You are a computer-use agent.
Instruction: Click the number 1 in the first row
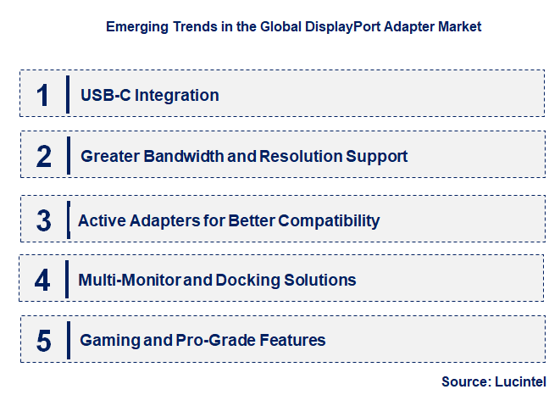pyautogui.click(x=43, y=95)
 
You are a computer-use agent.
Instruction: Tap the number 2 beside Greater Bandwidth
pyautogui.click(x=43, y=156)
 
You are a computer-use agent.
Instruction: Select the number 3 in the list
pyautogui.click(x=43, y=220)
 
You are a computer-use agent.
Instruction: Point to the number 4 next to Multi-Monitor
pyautogui.click(x=42, y=280)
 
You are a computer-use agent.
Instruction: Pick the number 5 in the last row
pyautogui.click(x=43, y=341)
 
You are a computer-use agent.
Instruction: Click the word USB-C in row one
pyautogui.click(x=106, y=95)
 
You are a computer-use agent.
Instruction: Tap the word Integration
pyautogui.click(x=177, y=96)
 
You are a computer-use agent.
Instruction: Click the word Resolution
pyautogui.click(x=301, y=156)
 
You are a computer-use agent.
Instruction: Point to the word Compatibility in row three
pyautogui.click(x=329, y=221)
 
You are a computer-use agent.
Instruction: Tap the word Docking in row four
pyautogui.click(x=248, y=281)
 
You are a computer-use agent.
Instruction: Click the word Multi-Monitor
pyautogui.click(x=130, y=280)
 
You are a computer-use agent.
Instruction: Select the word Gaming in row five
pyautogui.click(x=109, y=341)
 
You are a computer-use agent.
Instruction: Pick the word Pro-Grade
pyautogui.click(x=215, y=341)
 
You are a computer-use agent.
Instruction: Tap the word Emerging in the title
pyautogui.click(x=137, y=27)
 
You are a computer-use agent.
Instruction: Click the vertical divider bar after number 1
pyautogui.click(x=68, y=95)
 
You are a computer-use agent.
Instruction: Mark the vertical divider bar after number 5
pyautogui.click(x=69, y=340)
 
